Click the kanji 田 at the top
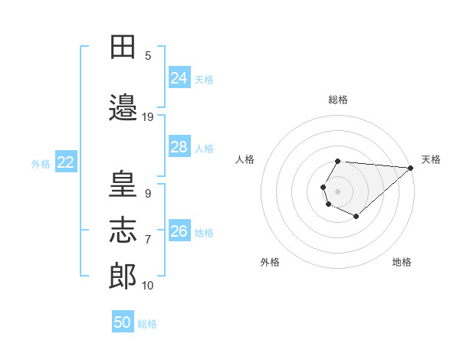coord(123,47)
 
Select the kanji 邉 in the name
coord(123,107)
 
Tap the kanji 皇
coord(123,183)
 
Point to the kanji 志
coord(123,230)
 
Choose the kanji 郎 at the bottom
coord(123,276)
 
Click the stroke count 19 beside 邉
coord(147,117)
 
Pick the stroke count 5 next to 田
coord(148,56)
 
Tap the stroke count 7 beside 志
coord(148,240)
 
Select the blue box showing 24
coord(179,77)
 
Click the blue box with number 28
coord(179,146)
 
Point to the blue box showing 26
coord(179,230)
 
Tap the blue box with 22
coord(66,162)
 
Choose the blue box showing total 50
coord(123,321)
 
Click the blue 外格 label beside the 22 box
coord(41,164)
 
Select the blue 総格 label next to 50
coord(147,324)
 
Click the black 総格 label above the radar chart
coord(338,100)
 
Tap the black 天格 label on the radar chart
coord(431,159)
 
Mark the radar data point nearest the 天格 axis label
coord(410,168)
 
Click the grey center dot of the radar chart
coord(337,191)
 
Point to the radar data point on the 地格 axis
coord(356,216)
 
